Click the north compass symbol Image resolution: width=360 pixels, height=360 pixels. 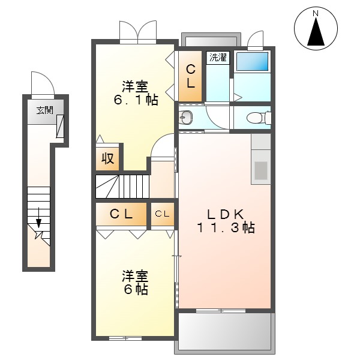click(x=316, y=29)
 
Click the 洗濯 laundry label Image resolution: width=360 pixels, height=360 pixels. click(x=218, y=58)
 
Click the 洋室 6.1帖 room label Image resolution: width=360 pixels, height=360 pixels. click(x=136, y=93)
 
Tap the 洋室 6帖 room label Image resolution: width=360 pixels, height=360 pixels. click(x=136, y=283)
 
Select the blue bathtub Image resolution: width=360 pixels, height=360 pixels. click(x=252, y=61)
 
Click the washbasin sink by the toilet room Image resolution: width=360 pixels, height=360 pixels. click(x=185, y=117)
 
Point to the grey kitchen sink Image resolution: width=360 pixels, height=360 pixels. click(x=261, y=170)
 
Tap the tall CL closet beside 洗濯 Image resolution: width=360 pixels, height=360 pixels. click(x=190, y=77)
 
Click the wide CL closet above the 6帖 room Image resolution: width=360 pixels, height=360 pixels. click(x=121, y=214)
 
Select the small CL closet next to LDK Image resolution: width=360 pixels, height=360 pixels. click(x=163, y=214)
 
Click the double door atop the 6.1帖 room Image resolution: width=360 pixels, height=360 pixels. click(x=137, y=31)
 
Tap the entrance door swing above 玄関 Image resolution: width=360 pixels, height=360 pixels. click(x=43, y=83)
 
